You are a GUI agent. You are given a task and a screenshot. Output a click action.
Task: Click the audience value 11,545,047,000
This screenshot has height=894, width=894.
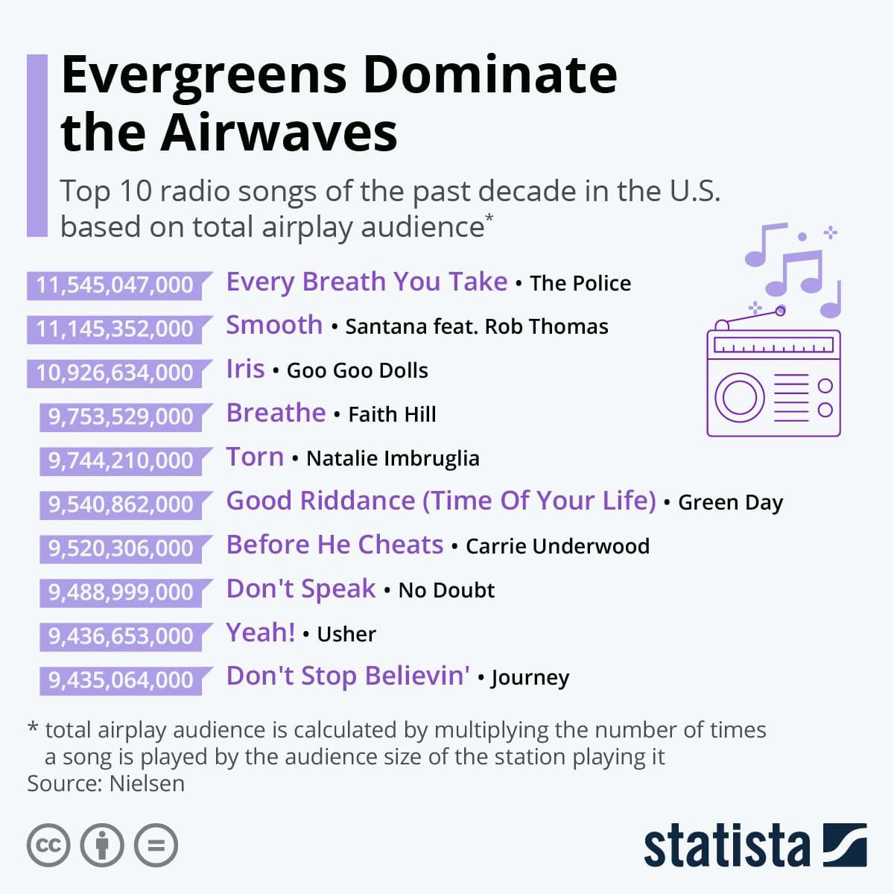[115, 285]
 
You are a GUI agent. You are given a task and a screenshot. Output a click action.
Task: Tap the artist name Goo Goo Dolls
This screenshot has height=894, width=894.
[358, 370]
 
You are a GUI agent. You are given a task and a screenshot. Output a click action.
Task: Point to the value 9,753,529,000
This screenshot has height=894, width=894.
[121, 416]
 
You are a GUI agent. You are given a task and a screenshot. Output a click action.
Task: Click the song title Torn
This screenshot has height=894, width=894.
[255, 457]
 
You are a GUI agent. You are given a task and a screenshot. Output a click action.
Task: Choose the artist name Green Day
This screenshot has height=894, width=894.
[731, 502]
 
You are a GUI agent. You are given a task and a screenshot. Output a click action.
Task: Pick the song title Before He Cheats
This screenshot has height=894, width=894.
[335, 544]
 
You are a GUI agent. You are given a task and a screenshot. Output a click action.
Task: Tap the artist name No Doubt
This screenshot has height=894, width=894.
[446, 590]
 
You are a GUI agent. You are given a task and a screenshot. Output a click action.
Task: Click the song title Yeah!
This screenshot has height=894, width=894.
[260, 632]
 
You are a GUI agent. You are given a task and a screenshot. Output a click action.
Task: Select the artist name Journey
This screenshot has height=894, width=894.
[530, 678]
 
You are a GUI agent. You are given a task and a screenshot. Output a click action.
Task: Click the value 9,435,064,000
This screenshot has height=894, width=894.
[121, 680]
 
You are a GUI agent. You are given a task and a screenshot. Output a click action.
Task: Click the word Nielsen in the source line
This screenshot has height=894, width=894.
[147, 784]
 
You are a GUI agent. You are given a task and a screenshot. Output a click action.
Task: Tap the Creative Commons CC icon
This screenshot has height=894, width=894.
[48, 846]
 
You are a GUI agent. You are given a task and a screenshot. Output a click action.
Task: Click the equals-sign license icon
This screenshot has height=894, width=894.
[156, 846]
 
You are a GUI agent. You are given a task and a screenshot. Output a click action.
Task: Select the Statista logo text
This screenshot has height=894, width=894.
[727, 845]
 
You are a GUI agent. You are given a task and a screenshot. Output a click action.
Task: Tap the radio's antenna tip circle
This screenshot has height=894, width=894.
[780, 311]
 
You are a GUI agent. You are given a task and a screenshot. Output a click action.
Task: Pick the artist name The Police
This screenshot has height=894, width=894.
[580, 283]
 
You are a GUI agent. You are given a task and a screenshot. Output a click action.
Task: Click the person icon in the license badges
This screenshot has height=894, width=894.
[102, 846]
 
